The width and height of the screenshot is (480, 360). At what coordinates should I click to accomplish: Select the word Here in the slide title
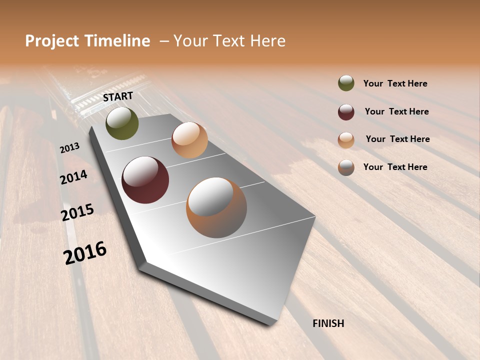267,41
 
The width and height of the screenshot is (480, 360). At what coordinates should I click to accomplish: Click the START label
118,96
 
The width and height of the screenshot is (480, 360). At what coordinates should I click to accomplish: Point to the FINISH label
328,323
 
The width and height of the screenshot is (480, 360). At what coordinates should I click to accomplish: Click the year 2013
69,147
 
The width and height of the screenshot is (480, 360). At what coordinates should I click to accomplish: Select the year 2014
73,177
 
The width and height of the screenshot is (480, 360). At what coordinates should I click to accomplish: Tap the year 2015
77,212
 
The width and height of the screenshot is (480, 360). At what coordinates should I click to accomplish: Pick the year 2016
85,252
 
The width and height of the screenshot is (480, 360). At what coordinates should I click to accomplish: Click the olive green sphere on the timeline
122,123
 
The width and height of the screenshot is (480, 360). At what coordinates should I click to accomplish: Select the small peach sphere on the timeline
189,140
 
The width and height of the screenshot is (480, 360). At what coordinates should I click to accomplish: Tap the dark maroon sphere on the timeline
145,180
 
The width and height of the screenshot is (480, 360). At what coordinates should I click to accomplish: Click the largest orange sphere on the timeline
216,207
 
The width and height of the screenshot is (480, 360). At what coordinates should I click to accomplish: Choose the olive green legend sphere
346,83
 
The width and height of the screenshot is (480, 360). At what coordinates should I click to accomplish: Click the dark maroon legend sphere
346,112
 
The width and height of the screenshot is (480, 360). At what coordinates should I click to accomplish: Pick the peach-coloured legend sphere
346,140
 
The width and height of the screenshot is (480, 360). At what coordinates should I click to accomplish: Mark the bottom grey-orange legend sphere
346,167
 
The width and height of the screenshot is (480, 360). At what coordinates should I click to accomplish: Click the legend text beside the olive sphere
395,83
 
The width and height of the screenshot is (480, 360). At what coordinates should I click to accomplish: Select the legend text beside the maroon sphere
396,111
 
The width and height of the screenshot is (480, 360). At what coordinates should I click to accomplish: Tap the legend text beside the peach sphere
397,139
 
